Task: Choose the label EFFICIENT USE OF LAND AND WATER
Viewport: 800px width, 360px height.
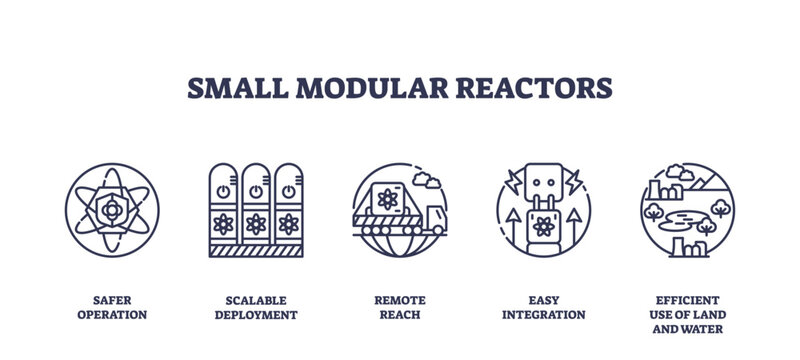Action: point(687,314)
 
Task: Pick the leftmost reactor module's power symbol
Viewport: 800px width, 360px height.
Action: point(223,189)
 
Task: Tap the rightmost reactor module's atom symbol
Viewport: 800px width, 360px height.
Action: point(288,223)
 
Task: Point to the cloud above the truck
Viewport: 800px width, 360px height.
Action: point(427,182)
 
